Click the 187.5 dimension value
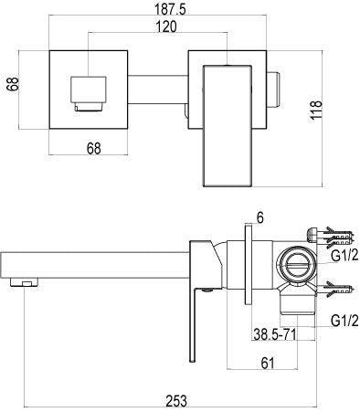170,9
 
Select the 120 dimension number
166,26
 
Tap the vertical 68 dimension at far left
13,84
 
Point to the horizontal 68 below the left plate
93,148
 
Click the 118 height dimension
316,110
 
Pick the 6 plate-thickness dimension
259,217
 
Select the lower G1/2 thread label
344,321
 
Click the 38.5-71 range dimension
275,335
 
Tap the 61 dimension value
268,363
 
